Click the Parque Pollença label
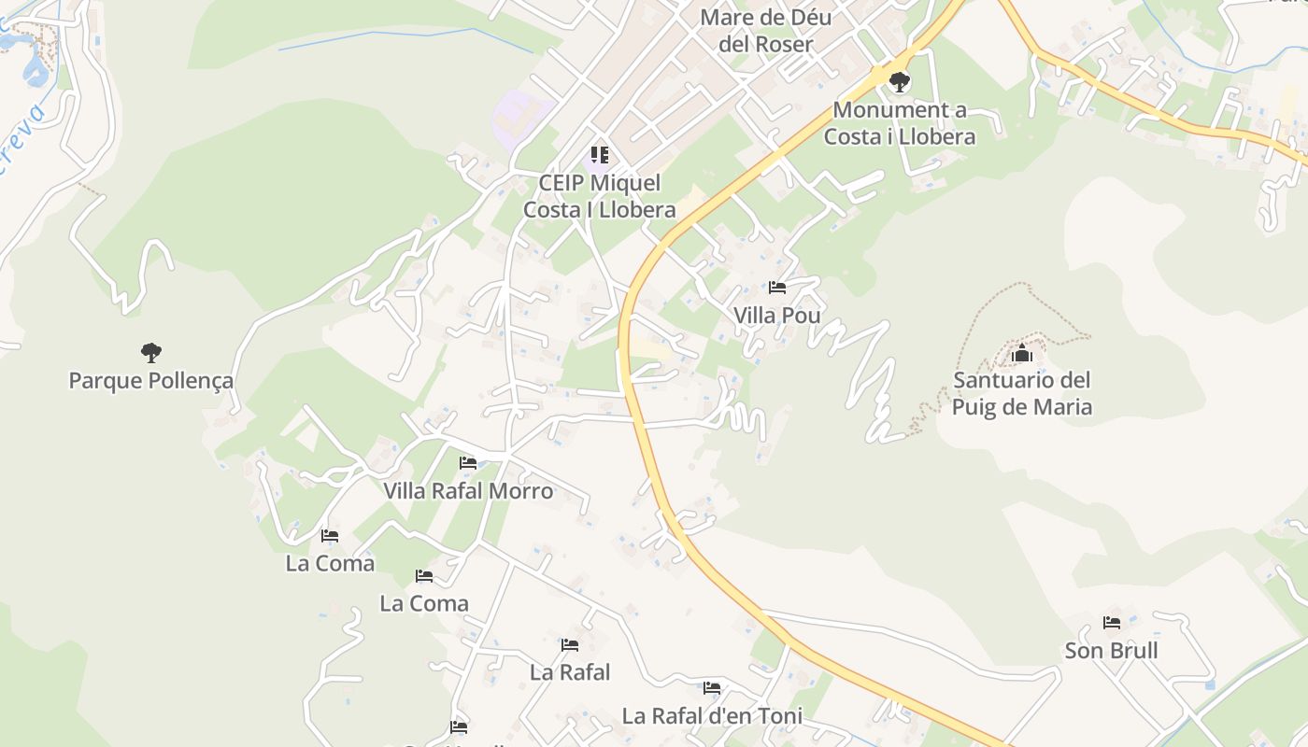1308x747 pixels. click(151, 381)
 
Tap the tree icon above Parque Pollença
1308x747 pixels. click(151, 352)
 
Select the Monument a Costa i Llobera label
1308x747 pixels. click(899, 123)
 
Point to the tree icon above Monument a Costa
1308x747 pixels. click(899, 82)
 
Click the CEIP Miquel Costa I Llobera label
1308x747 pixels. click(599, 196)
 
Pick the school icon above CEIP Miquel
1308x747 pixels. click(599, 155)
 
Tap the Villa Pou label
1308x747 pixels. click(776, 316)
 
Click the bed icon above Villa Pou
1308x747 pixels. click(776, 288)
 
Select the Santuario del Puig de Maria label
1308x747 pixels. click(1022, 393)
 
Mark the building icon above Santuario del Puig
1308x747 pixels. click(1022, 353)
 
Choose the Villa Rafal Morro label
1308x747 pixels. click(468, 491)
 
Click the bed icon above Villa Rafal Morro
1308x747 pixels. click(468, 462)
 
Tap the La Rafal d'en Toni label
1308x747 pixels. click(712, 717)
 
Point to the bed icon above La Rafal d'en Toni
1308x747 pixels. click(712, 688)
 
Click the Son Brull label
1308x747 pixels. click(1111, 651)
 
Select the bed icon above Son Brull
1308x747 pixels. click(1111, 622)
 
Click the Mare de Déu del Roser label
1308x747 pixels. click(765, 30)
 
